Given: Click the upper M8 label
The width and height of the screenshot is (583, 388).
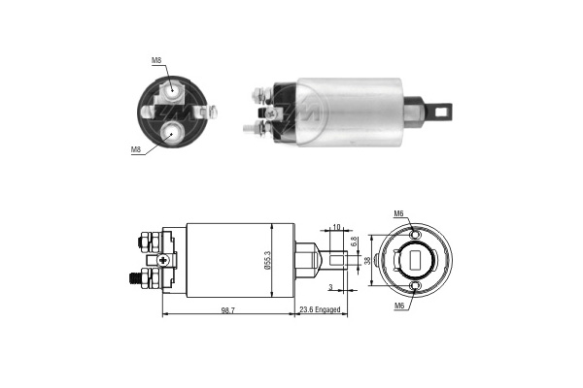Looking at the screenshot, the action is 156,60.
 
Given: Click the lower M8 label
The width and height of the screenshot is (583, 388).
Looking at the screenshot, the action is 136,149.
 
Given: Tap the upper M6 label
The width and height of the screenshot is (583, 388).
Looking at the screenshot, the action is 399,213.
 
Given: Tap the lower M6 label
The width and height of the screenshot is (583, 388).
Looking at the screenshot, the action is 399,306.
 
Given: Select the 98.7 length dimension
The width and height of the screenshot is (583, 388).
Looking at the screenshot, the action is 228,310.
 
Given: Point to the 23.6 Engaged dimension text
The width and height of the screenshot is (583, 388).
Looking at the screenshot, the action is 320,309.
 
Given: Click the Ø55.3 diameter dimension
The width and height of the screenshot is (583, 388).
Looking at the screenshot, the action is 268,260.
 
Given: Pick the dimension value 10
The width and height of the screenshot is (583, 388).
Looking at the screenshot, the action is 336,227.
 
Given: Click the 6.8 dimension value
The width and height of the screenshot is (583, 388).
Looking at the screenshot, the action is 354,242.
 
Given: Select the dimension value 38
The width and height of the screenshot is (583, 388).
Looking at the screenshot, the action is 367,261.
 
